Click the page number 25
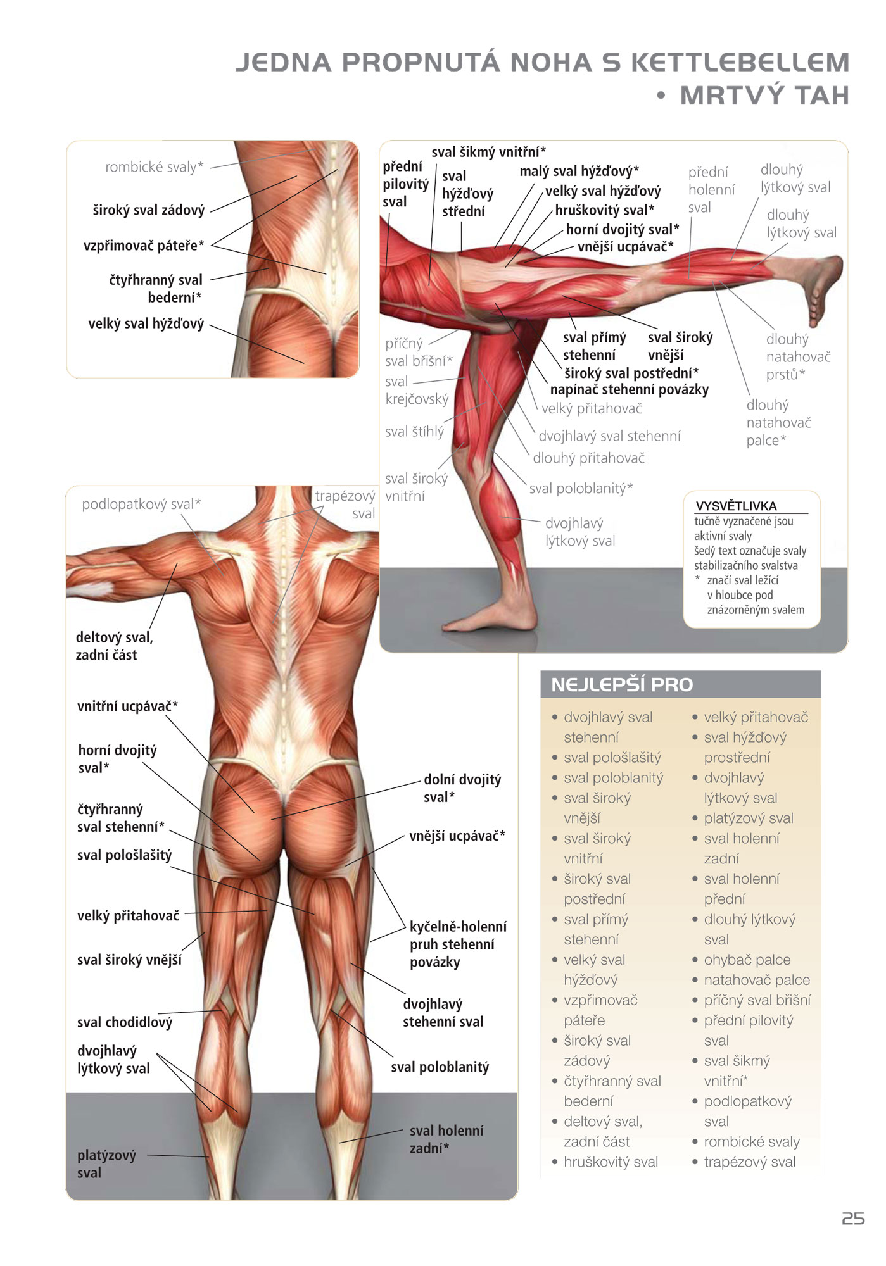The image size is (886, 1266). (x=853, y=1219)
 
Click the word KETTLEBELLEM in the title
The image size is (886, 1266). (x=740, y=62)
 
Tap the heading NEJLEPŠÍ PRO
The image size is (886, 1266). (x=622, y=684)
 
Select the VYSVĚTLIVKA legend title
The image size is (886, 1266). (x=736, y=506)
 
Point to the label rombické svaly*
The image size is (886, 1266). (x=155, y=166)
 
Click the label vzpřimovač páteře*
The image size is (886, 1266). (x=144, y=246)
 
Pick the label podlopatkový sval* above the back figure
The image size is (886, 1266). (x=141, y=504)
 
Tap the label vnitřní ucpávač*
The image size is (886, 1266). (x=127, y=706)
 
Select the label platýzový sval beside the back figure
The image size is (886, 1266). (x=106, y=1163)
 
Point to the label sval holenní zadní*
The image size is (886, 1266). (x=446, y=1139)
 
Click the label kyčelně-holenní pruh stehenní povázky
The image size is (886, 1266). (x=458, y=944)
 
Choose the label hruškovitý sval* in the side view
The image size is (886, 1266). (x=605, y=210)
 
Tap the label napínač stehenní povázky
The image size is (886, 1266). (x=630, y=389)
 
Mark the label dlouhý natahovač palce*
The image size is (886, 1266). (x=778, y=422)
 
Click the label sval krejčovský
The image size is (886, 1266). (x=417, y=390)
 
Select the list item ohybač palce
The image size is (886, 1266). (x=747, y=959)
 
